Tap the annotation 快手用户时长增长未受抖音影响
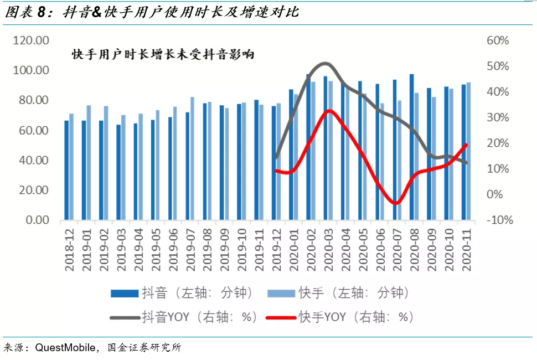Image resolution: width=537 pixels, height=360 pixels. coord(163,54)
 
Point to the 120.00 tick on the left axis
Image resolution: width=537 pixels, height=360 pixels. coord(31,40)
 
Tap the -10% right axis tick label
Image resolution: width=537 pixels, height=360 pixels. coord(497,220)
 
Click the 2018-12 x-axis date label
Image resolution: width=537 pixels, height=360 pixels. coord(69,249)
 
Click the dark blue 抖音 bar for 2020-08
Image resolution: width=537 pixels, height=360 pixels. coord(411,147)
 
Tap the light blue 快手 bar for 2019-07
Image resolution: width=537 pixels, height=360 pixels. coord(192,158)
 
